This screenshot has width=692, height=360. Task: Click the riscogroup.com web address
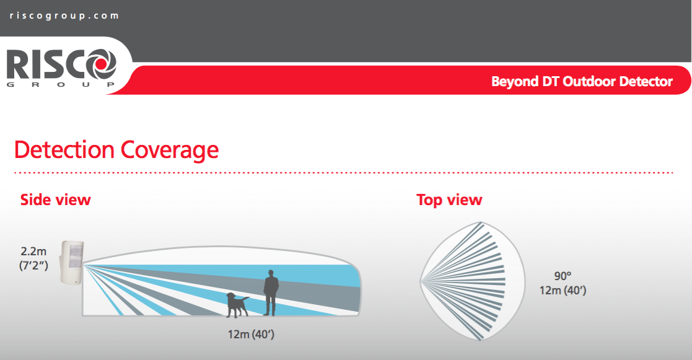pyautogui.click(x=64, y=16)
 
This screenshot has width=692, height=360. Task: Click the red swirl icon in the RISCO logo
pyautogui.click(x=101, y=64)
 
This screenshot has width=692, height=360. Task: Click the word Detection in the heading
pyautogui.click(x=64, y=150)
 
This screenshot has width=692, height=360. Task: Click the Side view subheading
pyautogui.click(x=56, y=200)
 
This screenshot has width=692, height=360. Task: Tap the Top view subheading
pyautogui.click(x=449, y=200)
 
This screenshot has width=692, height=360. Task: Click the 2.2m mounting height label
pyautogui.click(x=33, y=252)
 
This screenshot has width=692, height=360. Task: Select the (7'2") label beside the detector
pyautogui.click(x=33, y=266)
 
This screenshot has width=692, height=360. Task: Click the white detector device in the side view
pyautogui.click(x=72, y=263)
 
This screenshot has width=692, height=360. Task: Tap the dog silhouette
pyautogui.click(x=237, y=304)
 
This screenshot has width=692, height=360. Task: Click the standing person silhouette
pyautogui.click(x=271, y=293)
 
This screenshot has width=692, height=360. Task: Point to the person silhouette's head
pyautogui.click(x=271, y=273)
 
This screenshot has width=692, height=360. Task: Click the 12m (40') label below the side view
pyautogui.click(x=251, y=335)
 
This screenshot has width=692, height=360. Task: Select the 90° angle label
pyautogui.click(x=563, y=276)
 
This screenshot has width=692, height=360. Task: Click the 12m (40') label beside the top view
pyautogui.click(x=563, y=291)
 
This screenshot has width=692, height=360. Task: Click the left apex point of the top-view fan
pyautogui.click(x=420, y=281)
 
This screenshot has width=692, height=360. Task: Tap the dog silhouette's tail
pyautogui.click(x=245, y=299)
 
